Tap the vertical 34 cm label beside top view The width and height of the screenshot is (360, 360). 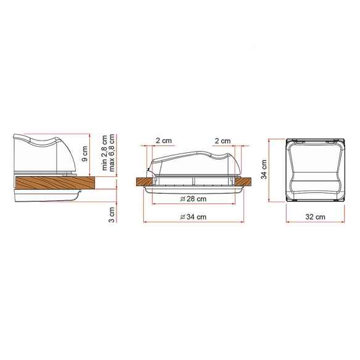[264, 170]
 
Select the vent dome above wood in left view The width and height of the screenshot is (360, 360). [46, 154]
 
